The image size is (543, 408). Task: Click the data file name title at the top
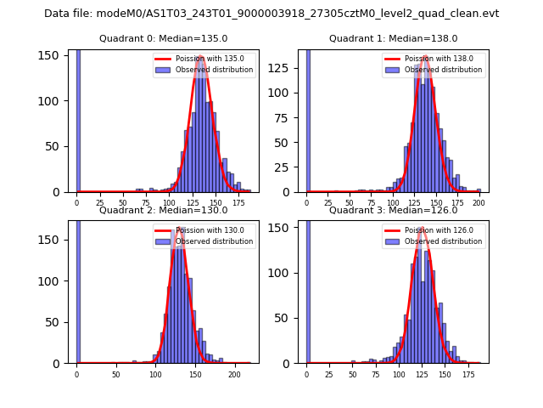click(271, 14)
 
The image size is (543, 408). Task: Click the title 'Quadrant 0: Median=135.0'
click(163, 38)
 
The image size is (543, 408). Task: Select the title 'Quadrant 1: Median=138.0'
click(393, 38)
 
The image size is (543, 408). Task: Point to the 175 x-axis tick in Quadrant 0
click(238, 204)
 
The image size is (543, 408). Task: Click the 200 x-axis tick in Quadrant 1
click(479, 204)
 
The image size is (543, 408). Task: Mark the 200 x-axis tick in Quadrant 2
click(234, 375)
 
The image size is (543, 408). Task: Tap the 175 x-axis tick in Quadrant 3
click(467, 375)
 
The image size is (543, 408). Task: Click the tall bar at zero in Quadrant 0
click(78, 119)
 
